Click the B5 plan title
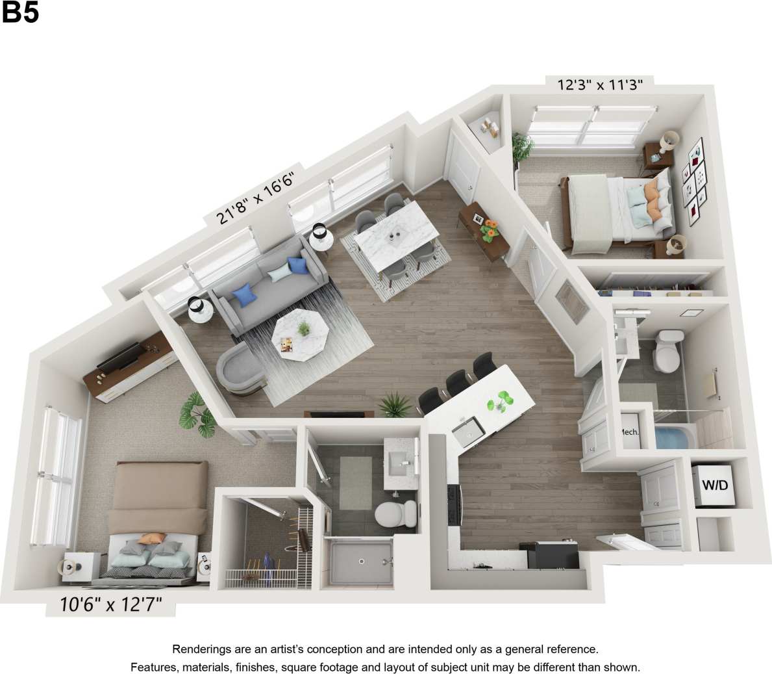(21, 13)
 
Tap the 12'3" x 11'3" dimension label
(600, 84)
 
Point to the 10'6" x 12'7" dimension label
(110, 605)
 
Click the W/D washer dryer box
(714, 484)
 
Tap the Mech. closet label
(629, 432)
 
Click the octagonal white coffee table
(300, 335)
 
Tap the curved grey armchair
(240, 369)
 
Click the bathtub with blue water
(673, 437)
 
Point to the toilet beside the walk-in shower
(396, 513)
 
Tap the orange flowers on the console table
(490, 227)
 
